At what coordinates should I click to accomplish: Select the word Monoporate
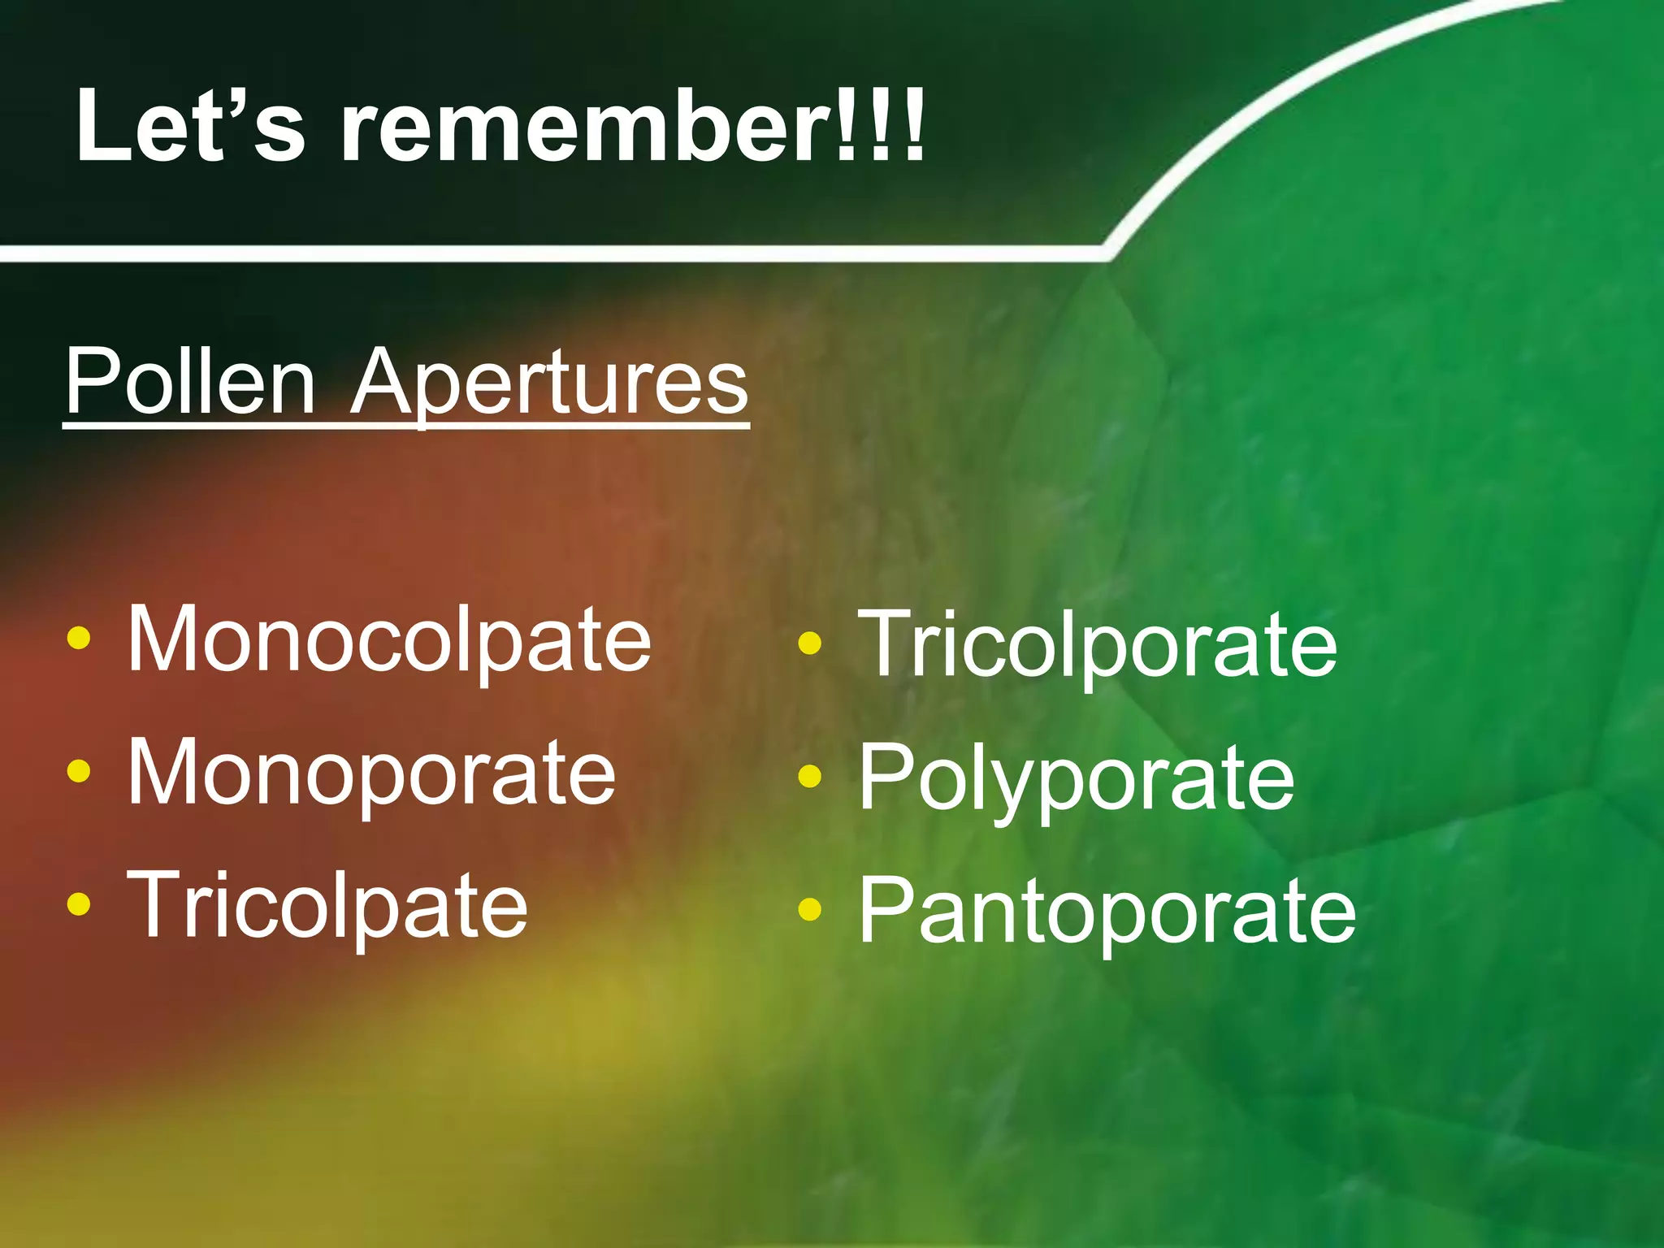tap(371, 773)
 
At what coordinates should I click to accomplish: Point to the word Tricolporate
tap(1097, 647)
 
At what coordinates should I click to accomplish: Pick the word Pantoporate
tap(1107, 912)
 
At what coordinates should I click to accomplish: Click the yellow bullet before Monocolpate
tap(79, 639)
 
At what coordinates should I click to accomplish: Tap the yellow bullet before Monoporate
tap(79, 770)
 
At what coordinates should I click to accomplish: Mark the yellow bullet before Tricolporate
tap(810, 643)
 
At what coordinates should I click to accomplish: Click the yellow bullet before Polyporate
tap(810, 777)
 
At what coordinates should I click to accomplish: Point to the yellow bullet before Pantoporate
tap(810, 909)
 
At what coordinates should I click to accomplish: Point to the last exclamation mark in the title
tap(915, 126)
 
